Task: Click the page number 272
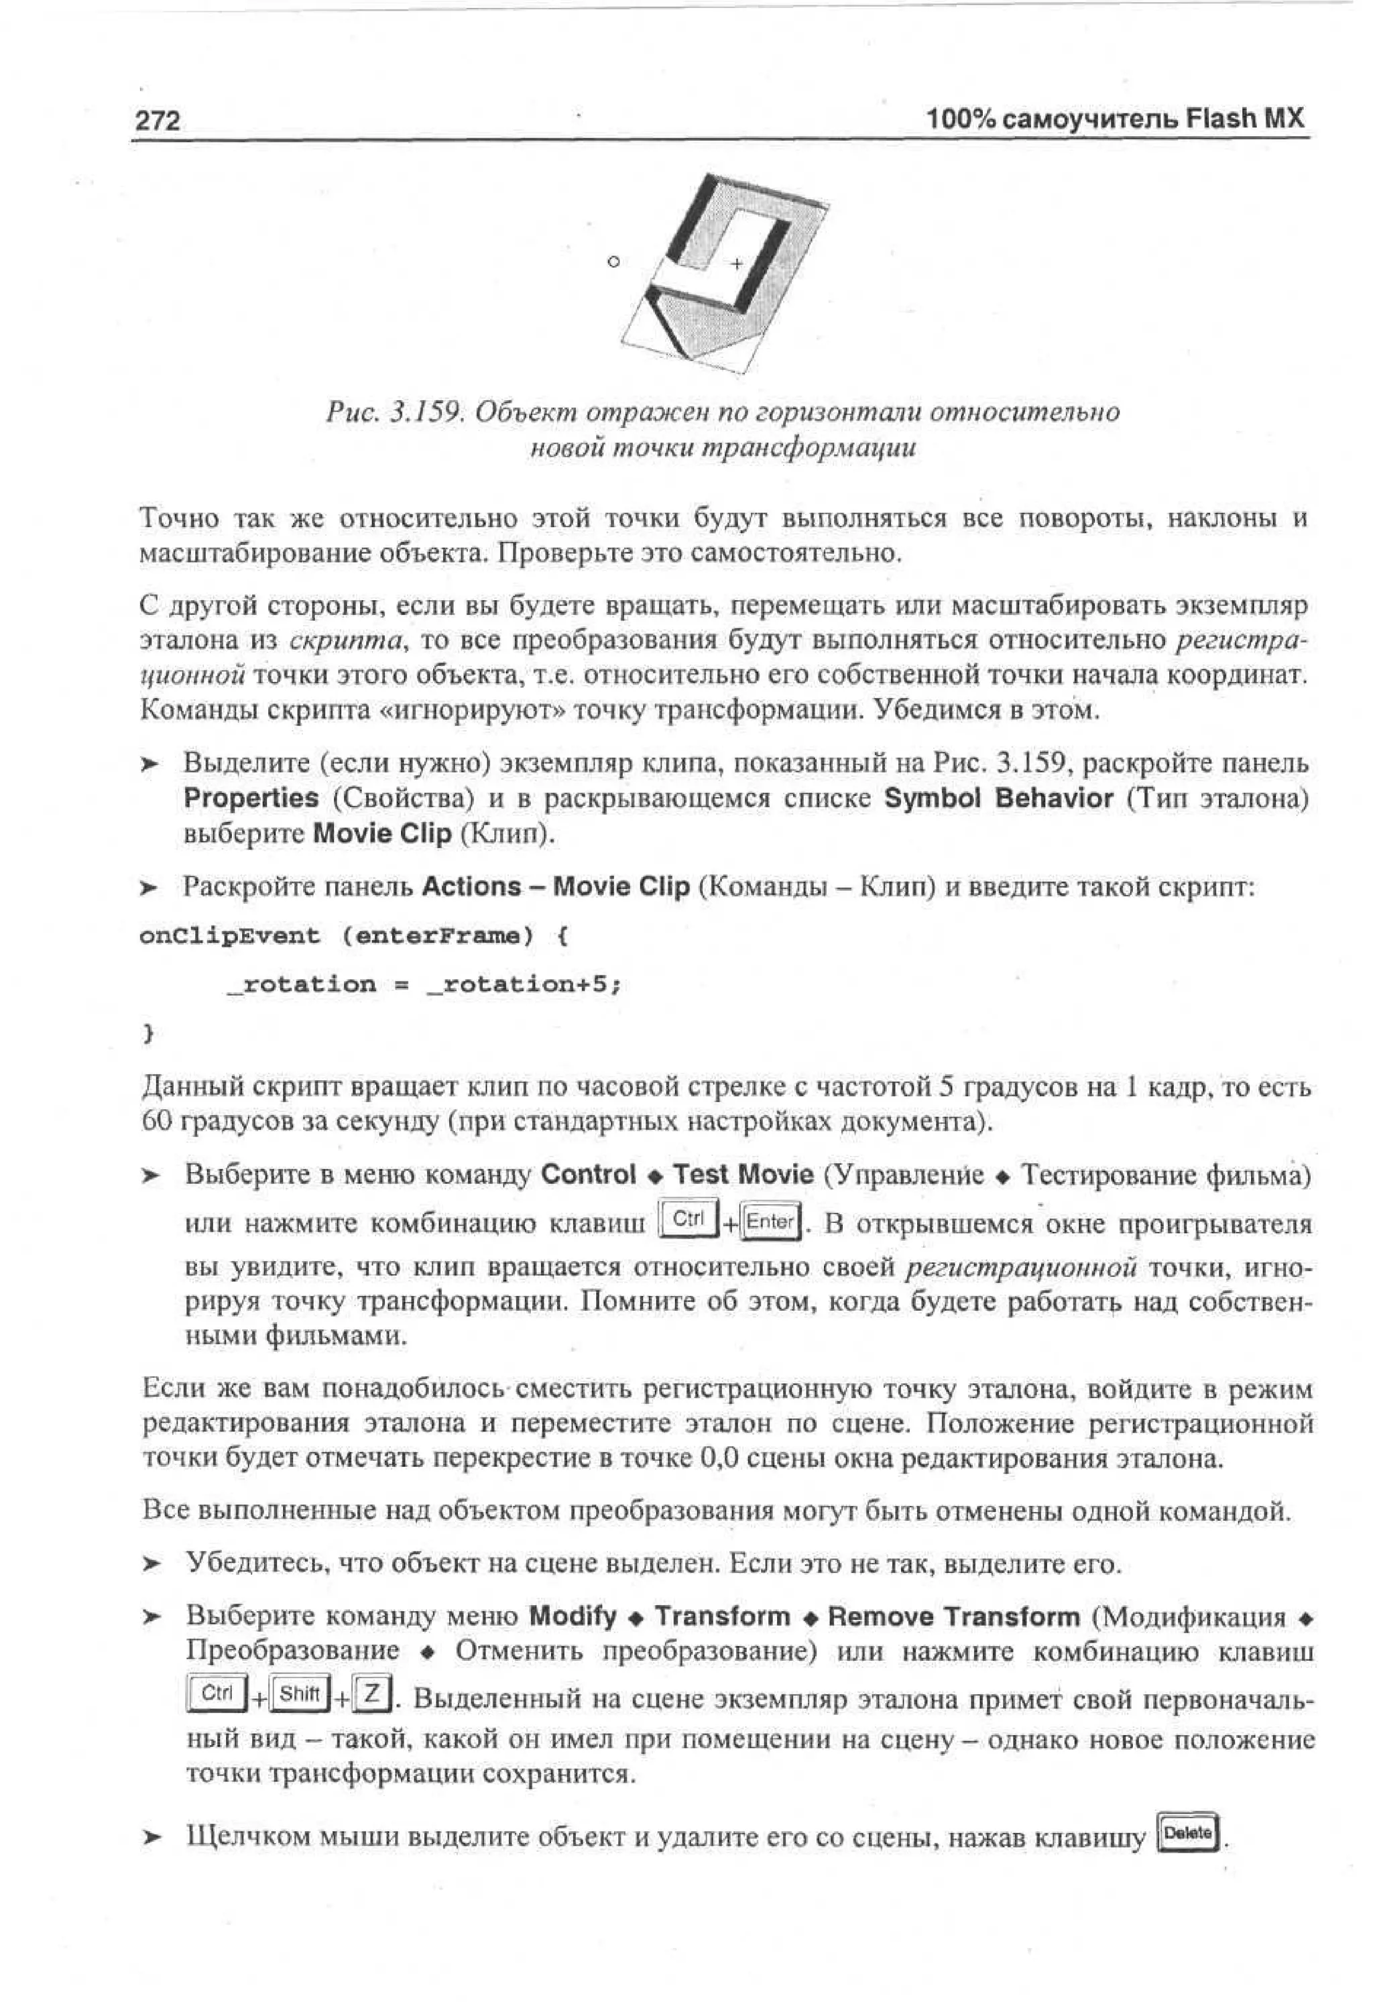(x=158, y=121)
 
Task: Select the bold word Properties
(x=251, y=798)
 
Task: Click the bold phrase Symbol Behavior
(x=998, y=798)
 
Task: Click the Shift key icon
(x=300, y=1694)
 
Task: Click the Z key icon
(x=371, y=1694)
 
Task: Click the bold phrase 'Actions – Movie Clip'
(x=556, y=886)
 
